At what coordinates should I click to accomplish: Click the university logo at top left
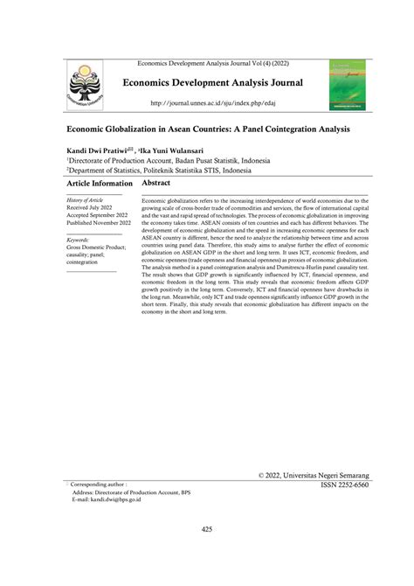point(90,85)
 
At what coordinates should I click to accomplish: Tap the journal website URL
point(206,103)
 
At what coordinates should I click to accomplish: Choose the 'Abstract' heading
point(155,185)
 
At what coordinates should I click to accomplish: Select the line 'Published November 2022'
point(99,224)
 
